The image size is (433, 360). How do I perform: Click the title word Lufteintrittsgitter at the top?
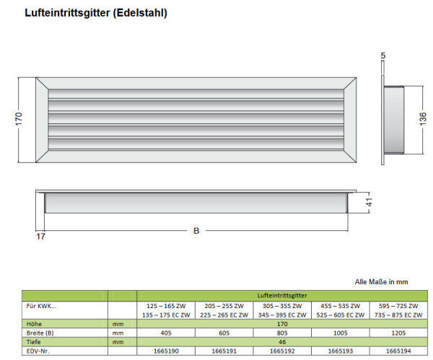pos(67,13)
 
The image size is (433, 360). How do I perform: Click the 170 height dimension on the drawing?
pos(19,119)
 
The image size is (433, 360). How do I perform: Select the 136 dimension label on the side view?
pos(423,119)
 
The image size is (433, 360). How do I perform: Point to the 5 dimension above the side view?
pos(382,56)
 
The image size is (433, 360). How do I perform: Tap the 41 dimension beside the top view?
pos(369,202)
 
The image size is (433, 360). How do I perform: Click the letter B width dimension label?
pos(196,231)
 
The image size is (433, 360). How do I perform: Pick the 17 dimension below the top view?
pos(40,237)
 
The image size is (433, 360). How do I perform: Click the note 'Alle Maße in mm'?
pos(381,282)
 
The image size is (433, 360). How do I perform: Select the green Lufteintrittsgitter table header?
pos(282,295)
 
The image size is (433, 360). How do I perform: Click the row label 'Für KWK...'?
pos(41,306)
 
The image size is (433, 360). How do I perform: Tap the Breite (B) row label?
pos(40,333)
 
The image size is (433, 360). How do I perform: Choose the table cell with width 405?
pos(166,333)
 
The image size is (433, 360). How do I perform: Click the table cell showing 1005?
pos(340,333)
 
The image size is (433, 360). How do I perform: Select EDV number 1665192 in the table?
pos(282,351)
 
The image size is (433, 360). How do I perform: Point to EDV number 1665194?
pos(398,351)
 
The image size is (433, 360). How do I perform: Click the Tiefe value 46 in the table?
pos(282,342)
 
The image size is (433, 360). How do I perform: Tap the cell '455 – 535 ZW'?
pos(340,306)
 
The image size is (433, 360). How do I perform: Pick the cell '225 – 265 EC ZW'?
pos(224,315)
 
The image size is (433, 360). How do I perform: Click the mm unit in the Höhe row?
pos(118,324)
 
